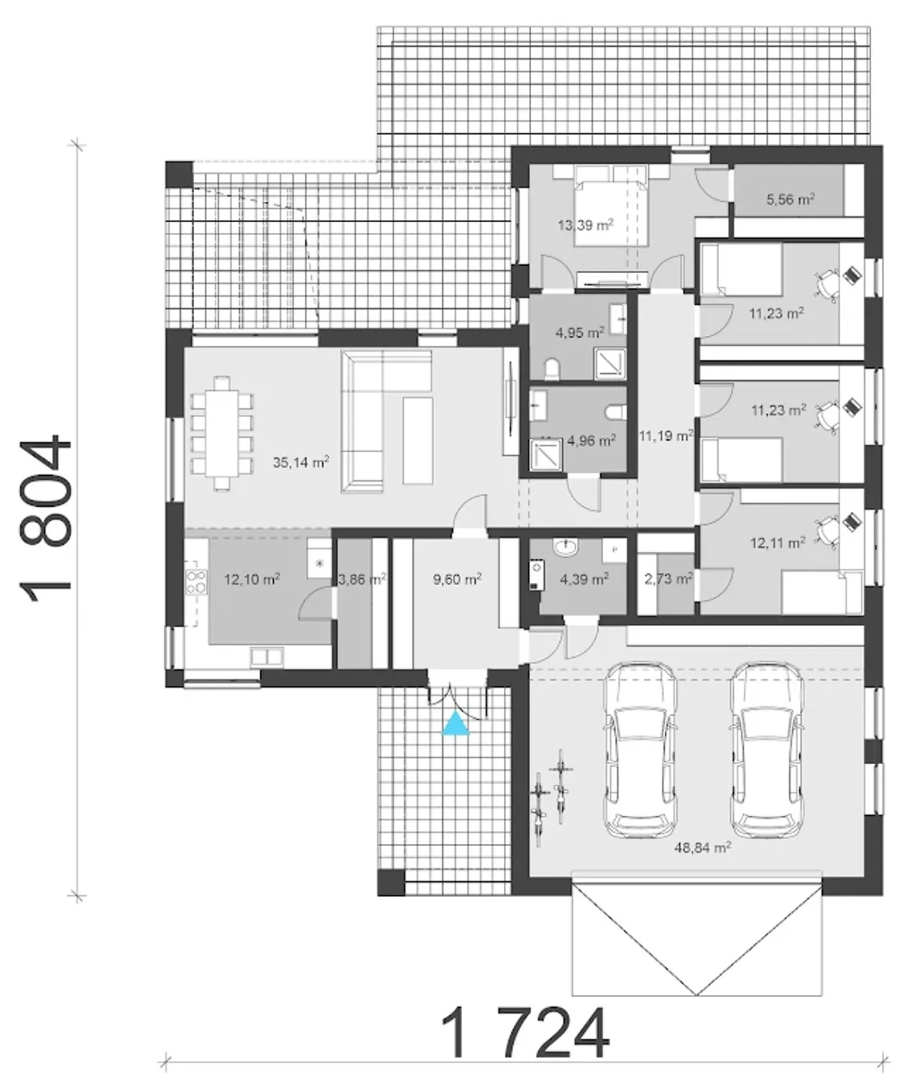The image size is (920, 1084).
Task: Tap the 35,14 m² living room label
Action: [301, 462]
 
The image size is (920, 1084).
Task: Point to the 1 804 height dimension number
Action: [45, 518]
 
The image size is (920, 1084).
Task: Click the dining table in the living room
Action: [222, 433]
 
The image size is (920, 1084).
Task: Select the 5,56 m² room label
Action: [791, 199]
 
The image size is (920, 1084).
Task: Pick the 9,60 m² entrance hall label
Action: [457, 579]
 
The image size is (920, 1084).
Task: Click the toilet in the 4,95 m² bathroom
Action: [552, 369]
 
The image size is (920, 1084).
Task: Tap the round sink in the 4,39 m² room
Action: [565, 547]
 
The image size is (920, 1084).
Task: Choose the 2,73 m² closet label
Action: [668, 579]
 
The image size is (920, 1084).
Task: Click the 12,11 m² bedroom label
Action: [778, 543]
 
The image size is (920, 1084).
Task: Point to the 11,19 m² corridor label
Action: [666, 436]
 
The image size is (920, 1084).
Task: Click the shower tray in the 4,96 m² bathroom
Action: [546, 455]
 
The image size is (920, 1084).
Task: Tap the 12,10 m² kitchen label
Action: [252, 579]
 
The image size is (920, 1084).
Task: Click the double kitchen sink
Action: [267, 656]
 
